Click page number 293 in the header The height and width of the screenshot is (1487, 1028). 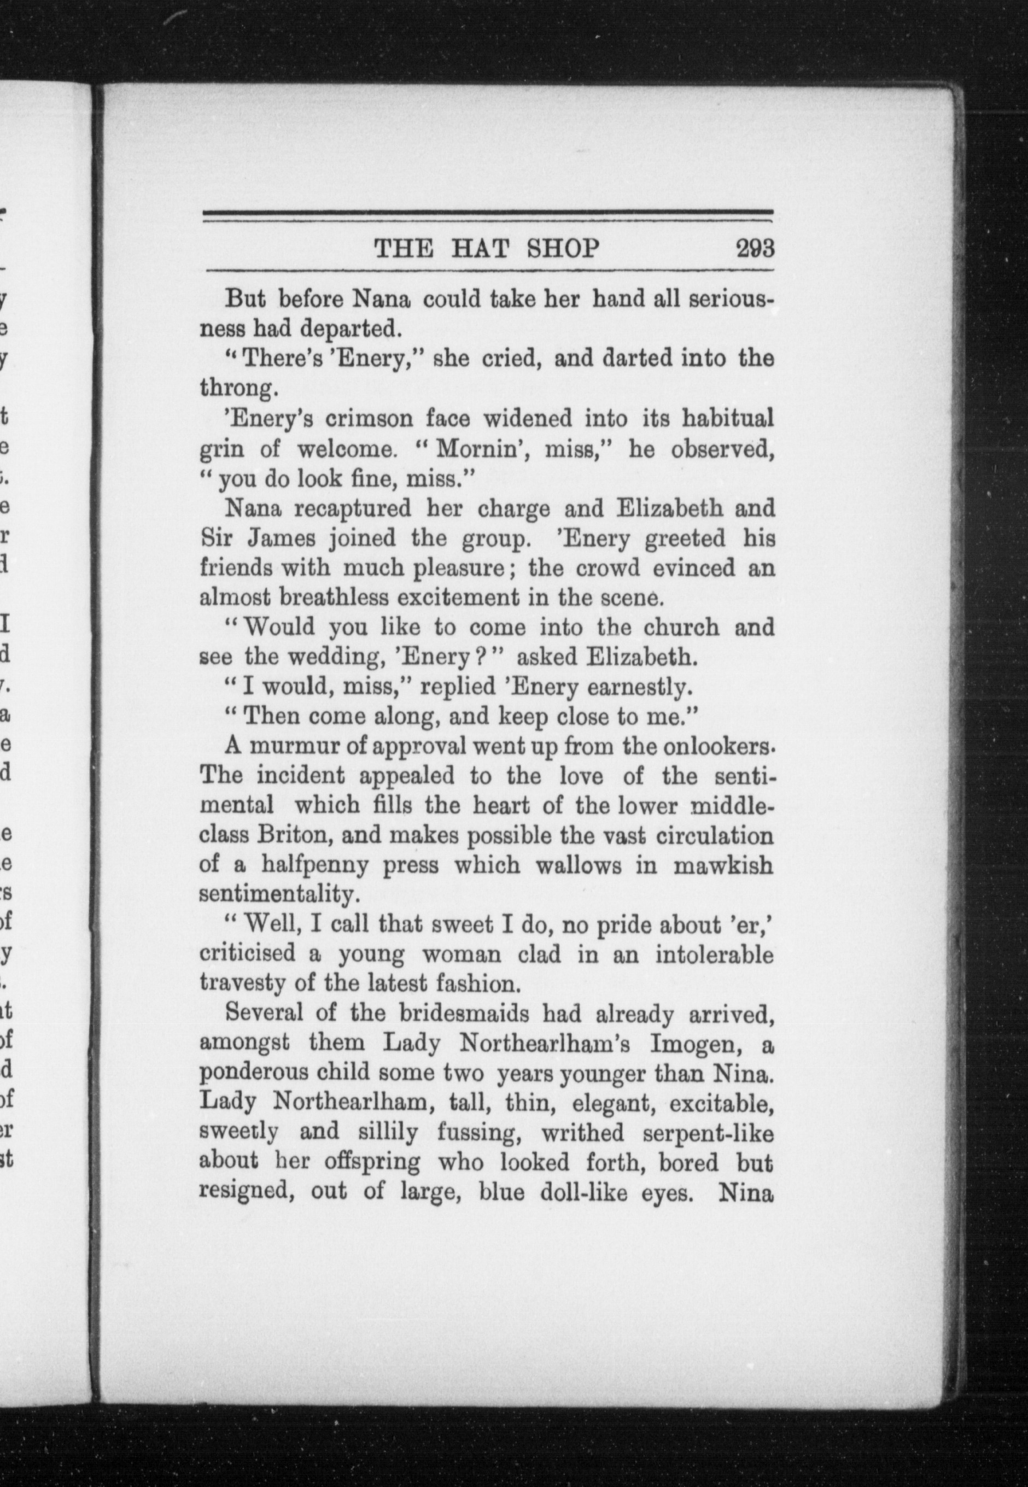coord(755,249)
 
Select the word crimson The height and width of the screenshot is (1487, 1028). coord(368,419)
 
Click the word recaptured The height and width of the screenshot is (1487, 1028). coord(353,509)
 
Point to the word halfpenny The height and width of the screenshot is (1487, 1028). coord(315,865)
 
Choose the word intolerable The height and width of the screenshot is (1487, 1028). coord(714,955)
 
